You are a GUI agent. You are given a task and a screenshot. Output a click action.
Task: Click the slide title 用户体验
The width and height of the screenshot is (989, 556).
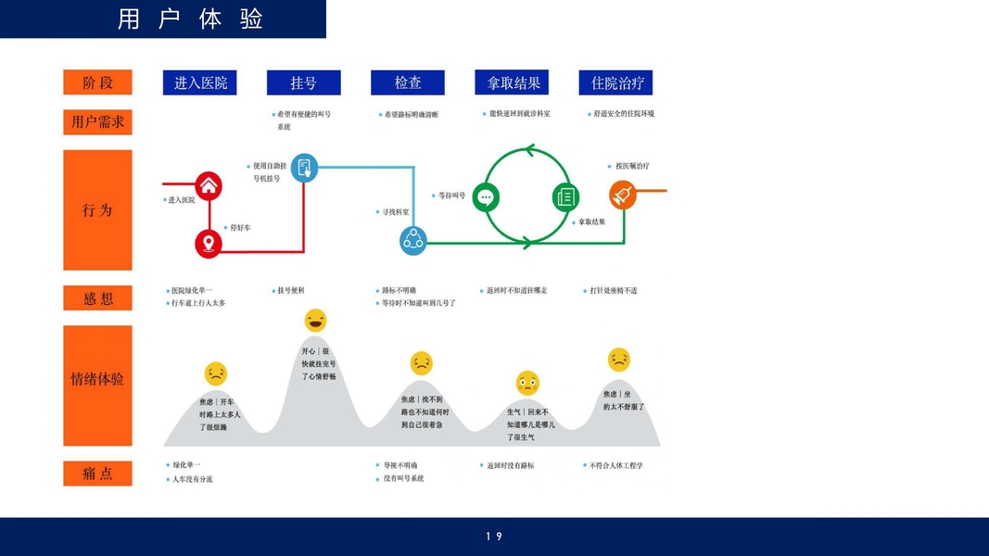(191, 19)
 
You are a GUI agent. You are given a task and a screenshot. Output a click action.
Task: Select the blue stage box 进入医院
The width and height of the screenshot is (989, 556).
(200, 82)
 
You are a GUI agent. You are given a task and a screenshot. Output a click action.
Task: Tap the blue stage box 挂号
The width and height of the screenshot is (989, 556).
(303, 82)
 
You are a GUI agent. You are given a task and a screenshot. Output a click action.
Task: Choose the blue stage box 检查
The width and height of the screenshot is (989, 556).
(408, 82)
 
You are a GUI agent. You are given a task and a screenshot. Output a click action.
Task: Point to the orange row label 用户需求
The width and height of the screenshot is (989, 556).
(97, 121)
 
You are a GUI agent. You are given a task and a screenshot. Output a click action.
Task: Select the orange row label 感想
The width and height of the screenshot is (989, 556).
(97, 298)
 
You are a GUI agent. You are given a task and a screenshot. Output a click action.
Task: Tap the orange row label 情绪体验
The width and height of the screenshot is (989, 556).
(97, 379)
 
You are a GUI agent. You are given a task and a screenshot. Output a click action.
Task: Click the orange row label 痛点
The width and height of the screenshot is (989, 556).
(97, 474)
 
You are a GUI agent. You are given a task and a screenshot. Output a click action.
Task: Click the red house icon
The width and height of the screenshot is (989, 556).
(209, 185)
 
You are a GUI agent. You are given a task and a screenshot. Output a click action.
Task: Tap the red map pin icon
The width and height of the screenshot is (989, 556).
(209, 244)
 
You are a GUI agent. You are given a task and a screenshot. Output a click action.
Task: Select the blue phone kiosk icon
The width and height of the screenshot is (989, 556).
(304, 168)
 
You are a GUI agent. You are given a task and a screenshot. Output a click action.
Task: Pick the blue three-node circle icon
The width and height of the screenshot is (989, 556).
(412, 241)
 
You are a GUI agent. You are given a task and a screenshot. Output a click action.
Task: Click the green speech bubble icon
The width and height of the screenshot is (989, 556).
(486, 196)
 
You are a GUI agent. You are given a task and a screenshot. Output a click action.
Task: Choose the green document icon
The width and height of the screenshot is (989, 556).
(565, 196)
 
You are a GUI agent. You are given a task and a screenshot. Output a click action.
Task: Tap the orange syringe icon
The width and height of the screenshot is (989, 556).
(623, 195)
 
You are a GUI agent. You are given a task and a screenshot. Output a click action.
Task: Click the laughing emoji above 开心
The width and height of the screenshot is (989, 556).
(315, 321)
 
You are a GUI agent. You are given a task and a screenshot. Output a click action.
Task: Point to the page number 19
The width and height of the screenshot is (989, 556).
(494, 537)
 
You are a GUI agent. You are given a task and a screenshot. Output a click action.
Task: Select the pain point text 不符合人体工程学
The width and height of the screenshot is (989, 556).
(615, 465)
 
